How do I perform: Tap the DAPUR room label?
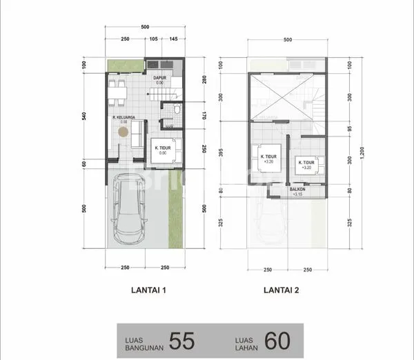point(159,79)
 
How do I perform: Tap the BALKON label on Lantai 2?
point(297,190)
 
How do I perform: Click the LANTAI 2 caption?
point(282,290)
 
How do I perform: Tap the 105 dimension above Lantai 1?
point(154,38)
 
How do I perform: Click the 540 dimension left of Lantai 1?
point(84,115)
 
